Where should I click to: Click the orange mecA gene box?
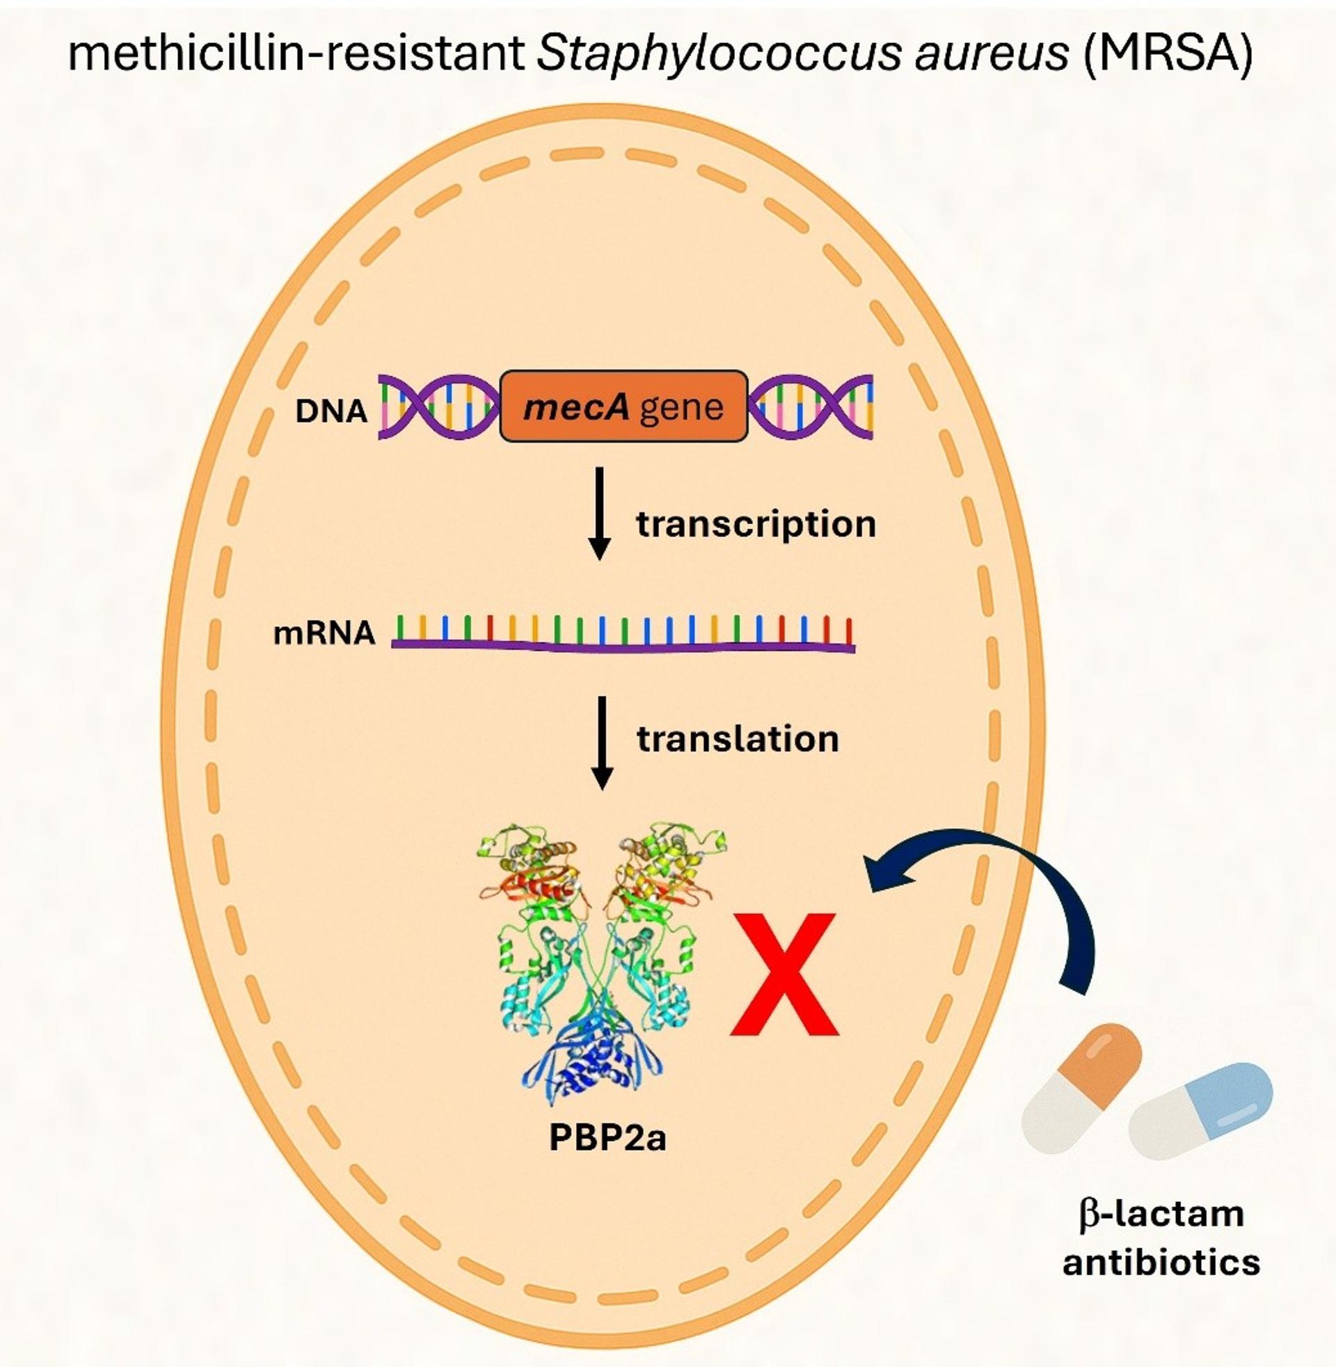point(623,406)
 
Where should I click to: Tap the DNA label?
point(331,412)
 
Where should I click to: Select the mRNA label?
point(324,633)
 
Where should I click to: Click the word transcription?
point(756,525)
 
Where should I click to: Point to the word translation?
point(738,739)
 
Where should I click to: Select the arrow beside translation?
point(602,743)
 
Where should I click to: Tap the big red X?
point(784,974)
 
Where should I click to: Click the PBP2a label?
point(607,1138)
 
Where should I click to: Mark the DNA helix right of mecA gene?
point(811,407)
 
